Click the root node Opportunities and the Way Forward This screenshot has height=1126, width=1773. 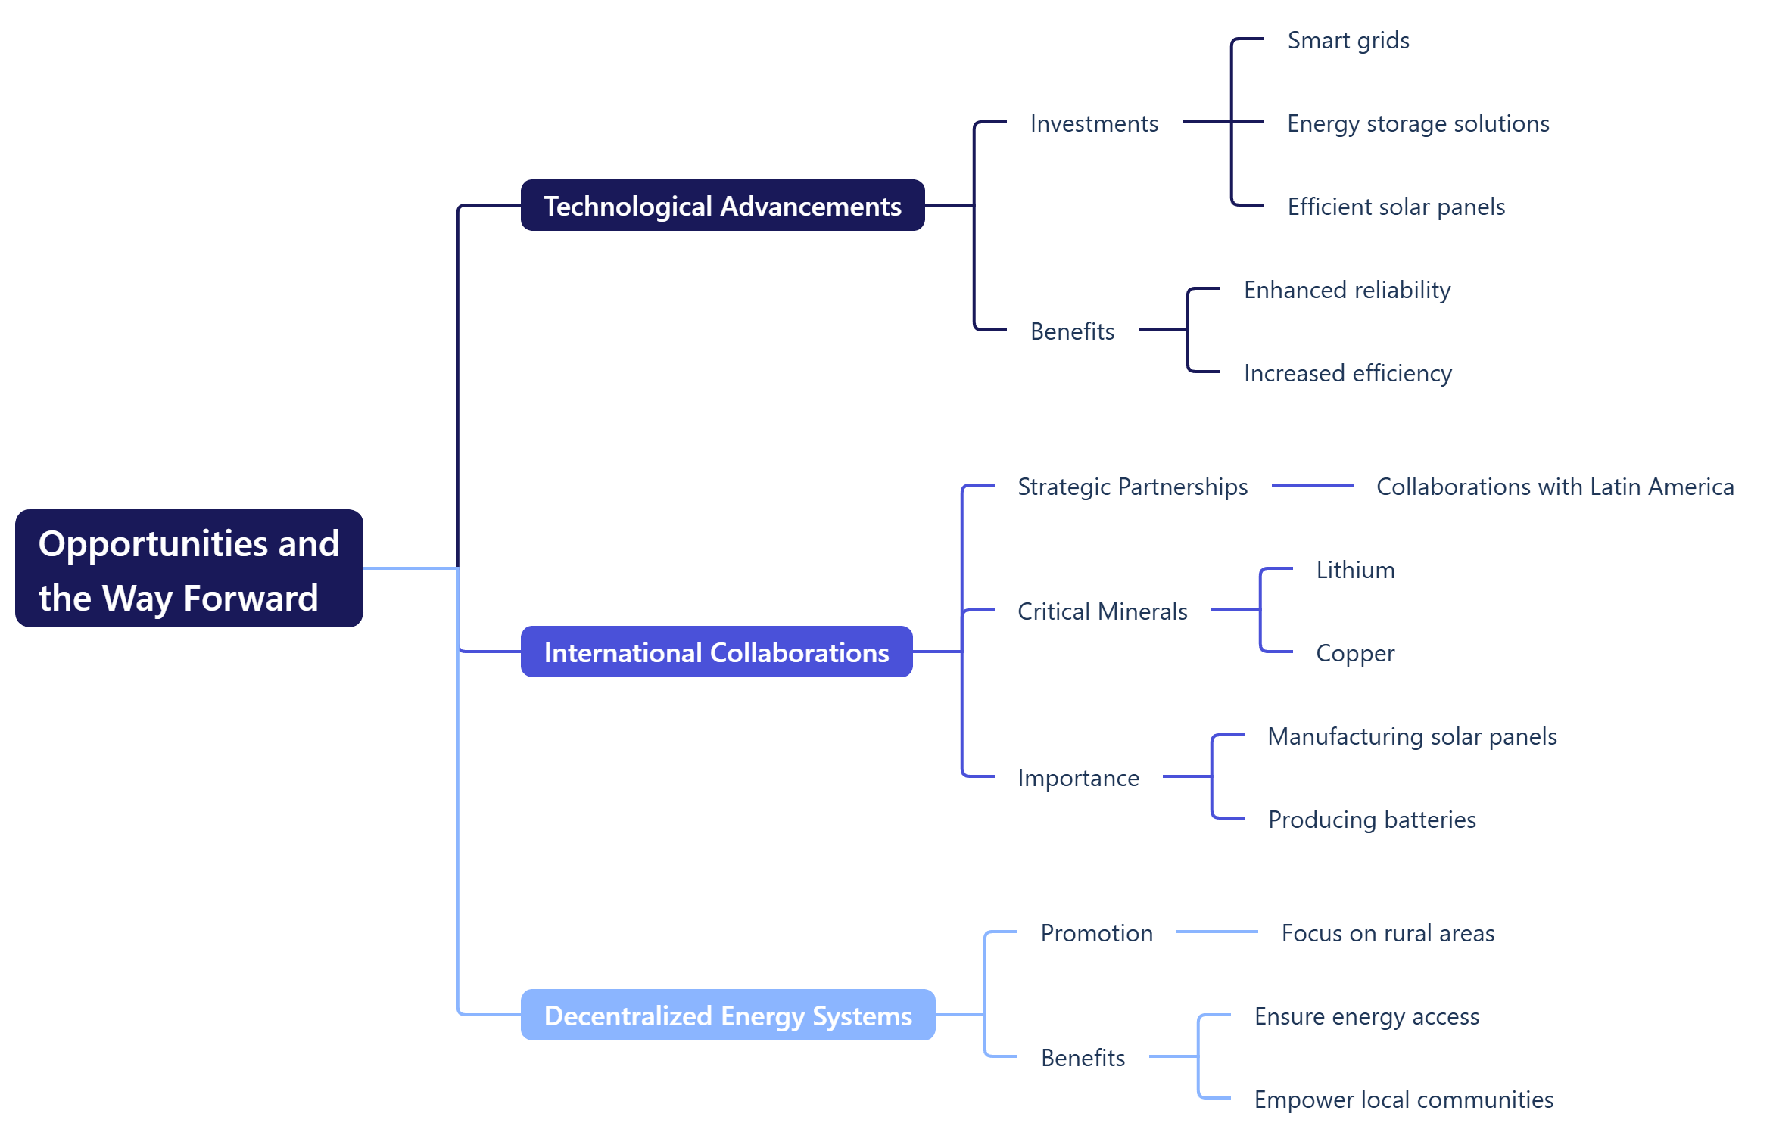coord(189,568)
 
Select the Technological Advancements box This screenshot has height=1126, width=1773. coord(722,206)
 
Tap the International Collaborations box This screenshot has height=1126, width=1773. coord(716,652)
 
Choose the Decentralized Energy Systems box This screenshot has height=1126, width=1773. coord(728,1016)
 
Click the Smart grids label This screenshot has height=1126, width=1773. coord(1348,40)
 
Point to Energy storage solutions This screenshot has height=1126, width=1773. coord(1418,123)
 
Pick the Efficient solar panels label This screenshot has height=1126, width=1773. coord(1395,207)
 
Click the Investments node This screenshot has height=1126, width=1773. coord(1093,123)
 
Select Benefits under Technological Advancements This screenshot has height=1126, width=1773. coord(1072,331)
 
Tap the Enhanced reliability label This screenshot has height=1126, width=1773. coord(1347,290)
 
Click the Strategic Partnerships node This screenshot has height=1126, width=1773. coord(1132,487)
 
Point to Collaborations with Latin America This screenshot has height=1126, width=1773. coord(1554,487)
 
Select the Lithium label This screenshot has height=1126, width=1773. coord(1354,570)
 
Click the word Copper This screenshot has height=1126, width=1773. coord(1354,653)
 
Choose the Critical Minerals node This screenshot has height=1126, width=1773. coord(1102,611)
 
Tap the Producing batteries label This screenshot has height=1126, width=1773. coord(1371,820)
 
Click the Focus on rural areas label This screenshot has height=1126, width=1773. coord(1387,933)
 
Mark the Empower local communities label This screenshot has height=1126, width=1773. coord(1403,1100)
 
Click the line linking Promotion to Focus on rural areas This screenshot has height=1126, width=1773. coord(1217,932)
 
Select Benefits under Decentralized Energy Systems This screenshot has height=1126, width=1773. coord(1083,1058)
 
